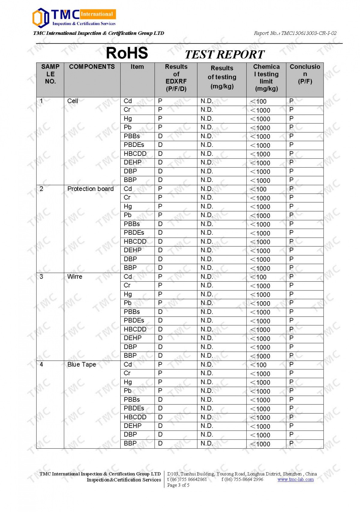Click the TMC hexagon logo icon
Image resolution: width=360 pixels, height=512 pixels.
tap(40, 18)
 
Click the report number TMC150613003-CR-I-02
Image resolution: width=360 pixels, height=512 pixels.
tap(295, 33)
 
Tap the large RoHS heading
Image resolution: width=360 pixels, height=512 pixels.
tap(127, 53)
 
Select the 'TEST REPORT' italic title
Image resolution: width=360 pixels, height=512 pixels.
tap(224, 55)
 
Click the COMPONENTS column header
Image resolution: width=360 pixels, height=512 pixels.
tap(92, 67)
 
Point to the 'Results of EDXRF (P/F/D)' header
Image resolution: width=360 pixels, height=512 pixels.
tap(176, 78)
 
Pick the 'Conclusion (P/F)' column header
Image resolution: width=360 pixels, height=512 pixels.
tap(305, 74)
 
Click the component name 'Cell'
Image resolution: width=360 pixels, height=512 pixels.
tap(73, 101)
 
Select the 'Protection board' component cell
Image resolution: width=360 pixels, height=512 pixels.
tap(90, 189)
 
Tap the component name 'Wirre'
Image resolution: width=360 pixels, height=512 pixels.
tap(75, 277)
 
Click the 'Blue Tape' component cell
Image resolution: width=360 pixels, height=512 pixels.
tap(82, 365)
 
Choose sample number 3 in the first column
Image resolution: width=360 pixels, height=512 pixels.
tap(41, 277)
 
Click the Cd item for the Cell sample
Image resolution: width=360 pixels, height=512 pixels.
tap(128, 101)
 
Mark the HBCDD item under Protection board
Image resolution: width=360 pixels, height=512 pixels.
tap(135, 241)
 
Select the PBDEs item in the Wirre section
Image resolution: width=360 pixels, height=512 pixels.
tap(134, 320)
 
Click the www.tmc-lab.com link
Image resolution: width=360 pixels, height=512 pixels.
tap(295, 480)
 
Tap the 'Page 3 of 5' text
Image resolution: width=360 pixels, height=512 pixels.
tap(178, 485)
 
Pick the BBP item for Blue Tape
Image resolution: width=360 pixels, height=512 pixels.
tap(130, 443)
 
